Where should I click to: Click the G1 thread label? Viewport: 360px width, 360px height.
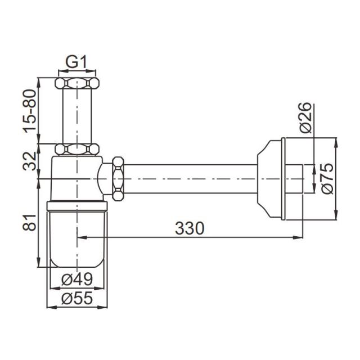coord(76,62)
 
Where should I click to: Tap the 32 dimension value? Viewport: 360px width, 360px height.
coord(30,161)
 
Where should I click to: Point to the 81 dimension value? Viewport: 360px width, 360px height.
coord(30,222)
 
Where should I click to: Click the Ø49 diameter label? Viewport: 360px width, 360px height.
coord(77,279)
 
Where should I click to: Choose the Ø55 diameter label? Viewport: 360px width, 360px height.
coord(77,298)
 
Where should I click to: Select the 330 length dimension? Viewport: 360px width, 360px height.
coord(190,228)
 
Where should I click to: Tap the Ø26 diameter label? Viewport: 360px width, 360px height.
coord(306,118)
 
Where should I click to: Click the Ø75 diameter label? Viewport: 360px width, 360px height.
coord(327,178)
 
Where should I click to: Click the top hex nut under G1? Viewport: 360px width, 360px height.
coord(77,83)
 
